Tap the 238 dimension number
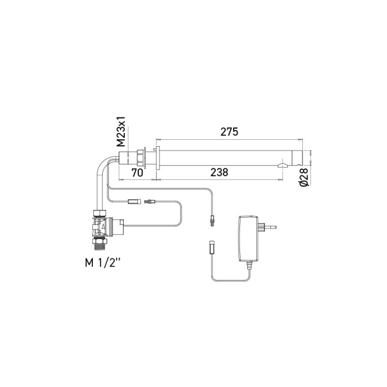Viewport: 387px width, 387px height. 220,172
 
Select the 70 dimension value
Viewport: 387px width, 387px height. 137,173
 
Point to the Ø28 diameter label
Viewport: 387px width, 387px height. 304,177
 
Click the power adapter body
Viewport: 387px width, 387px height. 250,238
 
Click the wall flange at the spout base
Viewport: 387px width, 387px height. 157,158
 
